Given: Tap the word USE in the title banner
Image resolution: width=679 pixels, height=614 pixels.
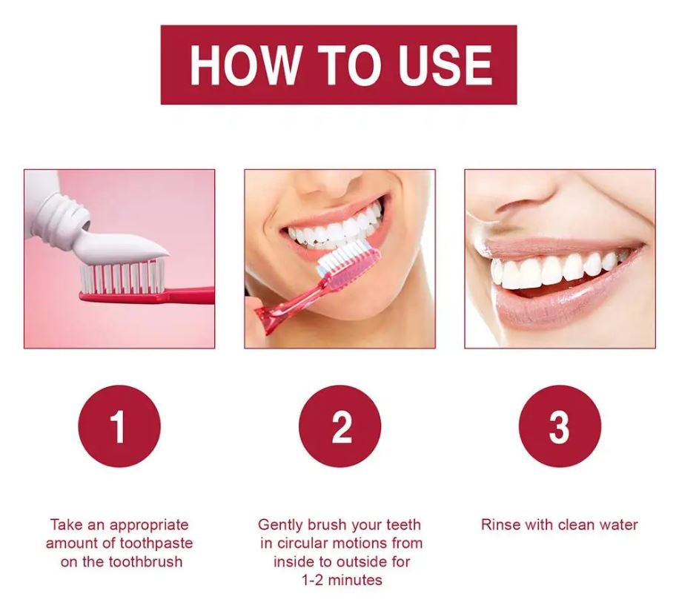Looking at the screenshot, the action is coord(446,65).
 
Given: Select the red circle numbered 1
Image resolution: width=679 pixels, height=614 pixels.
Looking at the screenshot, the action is coord(119,426).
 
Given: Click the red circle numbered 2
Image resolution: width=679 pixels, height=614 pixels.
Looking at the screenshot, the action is coord(340,426).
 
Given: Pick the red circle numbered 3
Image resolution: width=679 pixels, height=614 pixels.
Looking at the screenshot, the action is coord(560,426).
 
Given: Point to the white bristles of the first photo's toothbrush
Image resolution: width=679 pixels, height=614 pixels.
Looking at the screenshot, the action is coord(122,277).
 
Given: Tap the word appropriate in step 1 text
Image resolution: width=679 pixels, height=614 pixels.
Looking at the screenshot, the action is coord(149,525).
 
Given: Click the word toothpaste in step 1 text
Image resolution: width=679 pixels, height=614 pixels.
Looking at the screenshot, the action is coord(156,544).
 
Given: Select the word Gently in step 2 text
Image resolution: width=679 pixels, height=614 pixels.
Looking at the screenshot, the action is coord(280,525).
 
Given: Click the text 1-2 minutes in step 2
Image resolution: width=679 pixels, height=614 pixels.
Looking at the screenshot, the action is coord(342,580).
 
